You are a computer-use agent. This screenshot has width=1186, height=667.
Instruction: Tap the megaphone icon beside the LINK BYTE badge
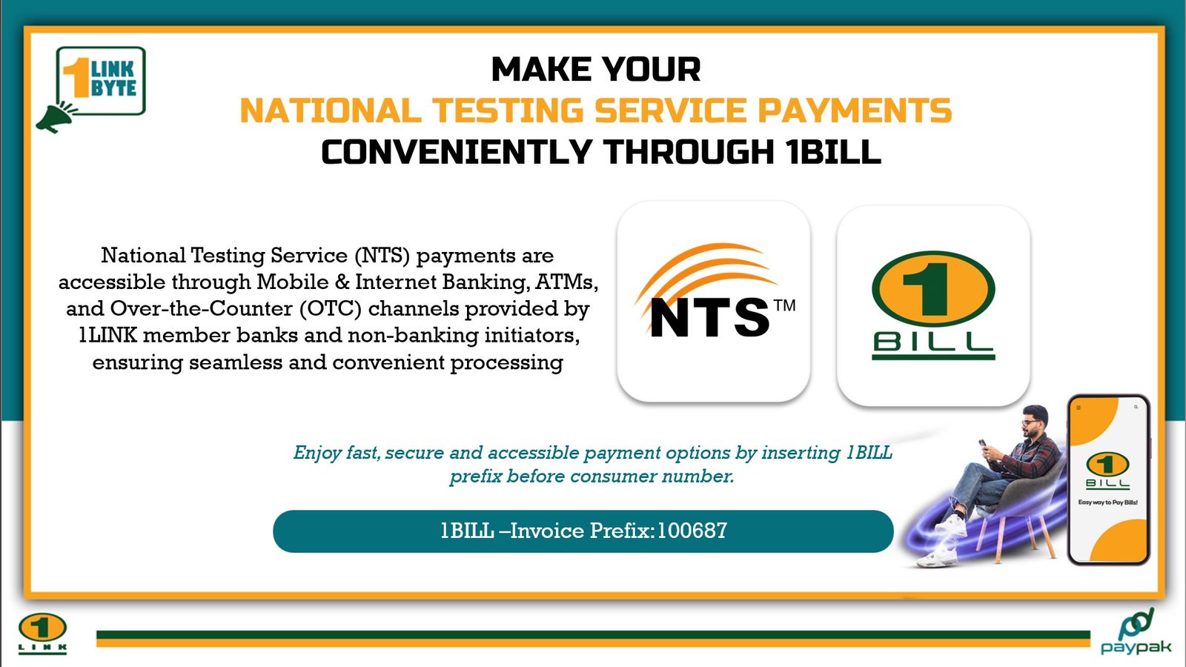coord(56,117)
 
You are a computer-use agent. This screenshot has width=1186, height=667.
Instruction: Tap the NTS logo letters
coord(709,317)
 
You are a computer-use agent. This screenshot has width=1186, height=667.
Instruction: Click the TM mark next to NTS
coord(785,306)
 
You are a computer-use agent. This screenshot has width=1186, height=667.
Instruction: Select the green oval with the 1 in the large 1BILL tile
coord(933,289)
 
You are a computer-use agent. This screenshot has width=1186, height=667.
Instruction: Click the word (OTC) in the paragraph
coord(331,308)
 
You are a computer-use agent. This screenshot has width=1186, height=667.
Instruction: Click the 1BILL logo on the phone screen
coord(1107,470)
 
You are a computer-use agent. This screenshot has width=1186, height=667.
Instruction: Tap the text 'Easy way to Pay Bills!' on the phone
coord(1108,502)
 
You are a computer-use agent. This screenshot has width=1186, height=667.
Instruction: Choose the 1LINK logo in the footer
coord(42,633)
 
